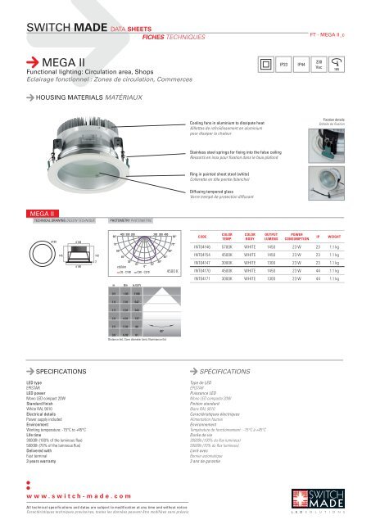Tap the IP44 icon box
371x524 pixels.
[301, 63]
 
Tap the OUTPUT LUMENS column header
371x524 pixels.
[276, 234]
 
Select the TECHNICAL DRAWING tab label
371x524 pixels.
[53, 220]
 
